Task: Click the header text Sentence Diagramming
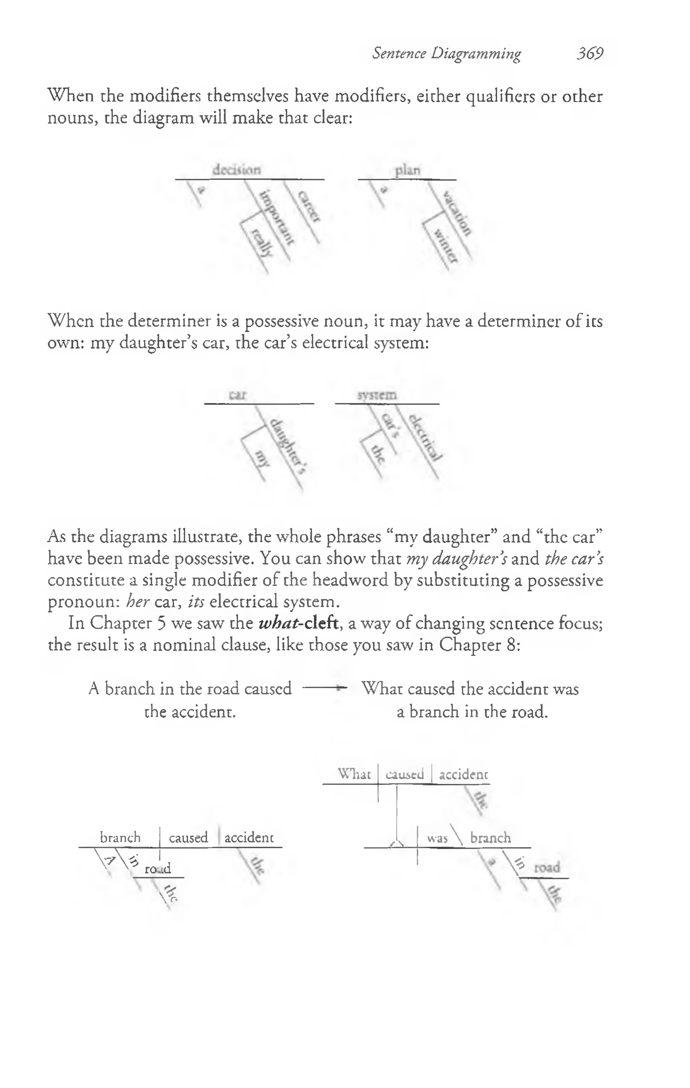click(x=446, y=54)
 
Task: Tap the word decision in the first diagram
click(x=237, y=170)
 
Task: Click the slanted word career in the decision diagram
click(x=309, y=206)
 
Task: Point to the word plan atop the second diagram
click(x=408, y=170)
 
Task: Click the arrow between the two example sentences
click(x=324, y=688)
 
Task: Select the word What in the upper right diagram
click(x=354, y=774)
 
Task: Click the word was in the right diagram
click(x=437, y=839)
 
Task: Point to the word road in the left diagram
click(x=158, y=869)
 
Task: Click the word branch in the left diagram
click(x=120, y=837)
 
